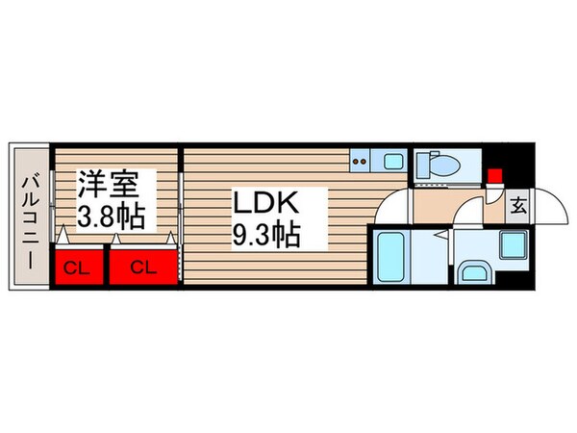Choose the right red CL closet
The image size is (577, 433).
[x=143, y=267]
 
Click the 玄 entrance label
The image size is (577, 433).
[x=517, y=205]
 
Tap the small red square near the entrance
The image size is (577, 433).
[x=494, y=175]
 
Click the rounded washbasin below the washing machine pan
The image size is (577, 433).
[x=475, y=273]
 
